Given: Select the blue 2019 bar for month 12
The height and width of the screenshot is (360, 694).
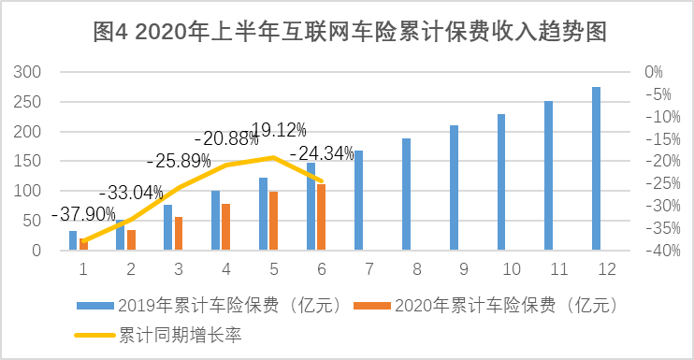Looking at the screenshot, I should click(596, 169).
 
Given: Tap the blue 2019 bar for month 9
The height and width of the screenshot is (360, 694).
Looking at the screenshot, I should click(454, 188).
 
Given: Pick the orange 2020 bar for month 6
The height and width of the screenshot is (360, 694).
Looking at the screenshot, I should click(321, 218).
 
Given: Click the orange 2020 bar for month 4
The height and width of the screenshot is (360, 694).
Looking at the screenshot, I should click(225, 227).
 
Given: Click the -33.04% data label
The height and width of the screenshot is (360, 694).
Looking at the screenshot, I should click(130, 193).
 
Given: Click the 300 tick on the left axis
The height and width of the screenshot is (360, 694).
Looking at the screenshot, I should click(31, 72).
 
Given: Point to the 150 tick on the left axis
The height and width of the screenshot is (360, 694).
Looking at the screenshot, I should click(31, 162).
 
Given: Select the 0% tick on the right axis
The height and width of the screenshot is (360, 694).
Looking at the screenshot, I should click(653, 72).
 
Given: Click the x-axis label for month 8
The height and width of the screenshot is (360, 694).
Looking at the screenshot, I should click(406, 269).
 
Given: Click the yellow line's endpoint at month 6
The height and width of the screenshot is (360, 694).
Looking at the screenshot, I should click(323, 181).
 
